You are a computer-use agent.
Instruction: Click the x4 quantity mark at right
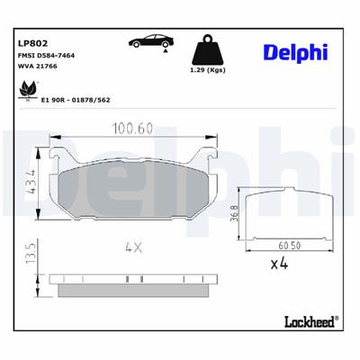click(280, 265)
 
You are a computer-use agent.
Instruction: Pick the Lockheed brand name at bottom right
click(310, 320)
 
